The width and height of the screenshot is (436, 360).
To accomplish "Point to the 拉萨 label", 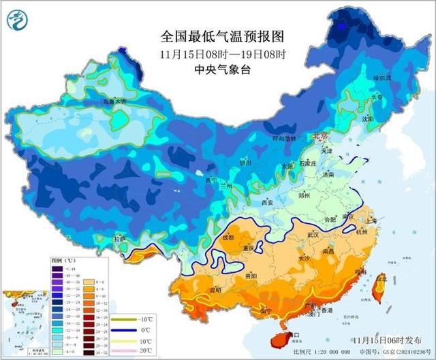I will pos(121,239).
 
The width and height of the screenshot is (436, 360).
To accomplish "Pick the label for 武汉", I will pos(313,235).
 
